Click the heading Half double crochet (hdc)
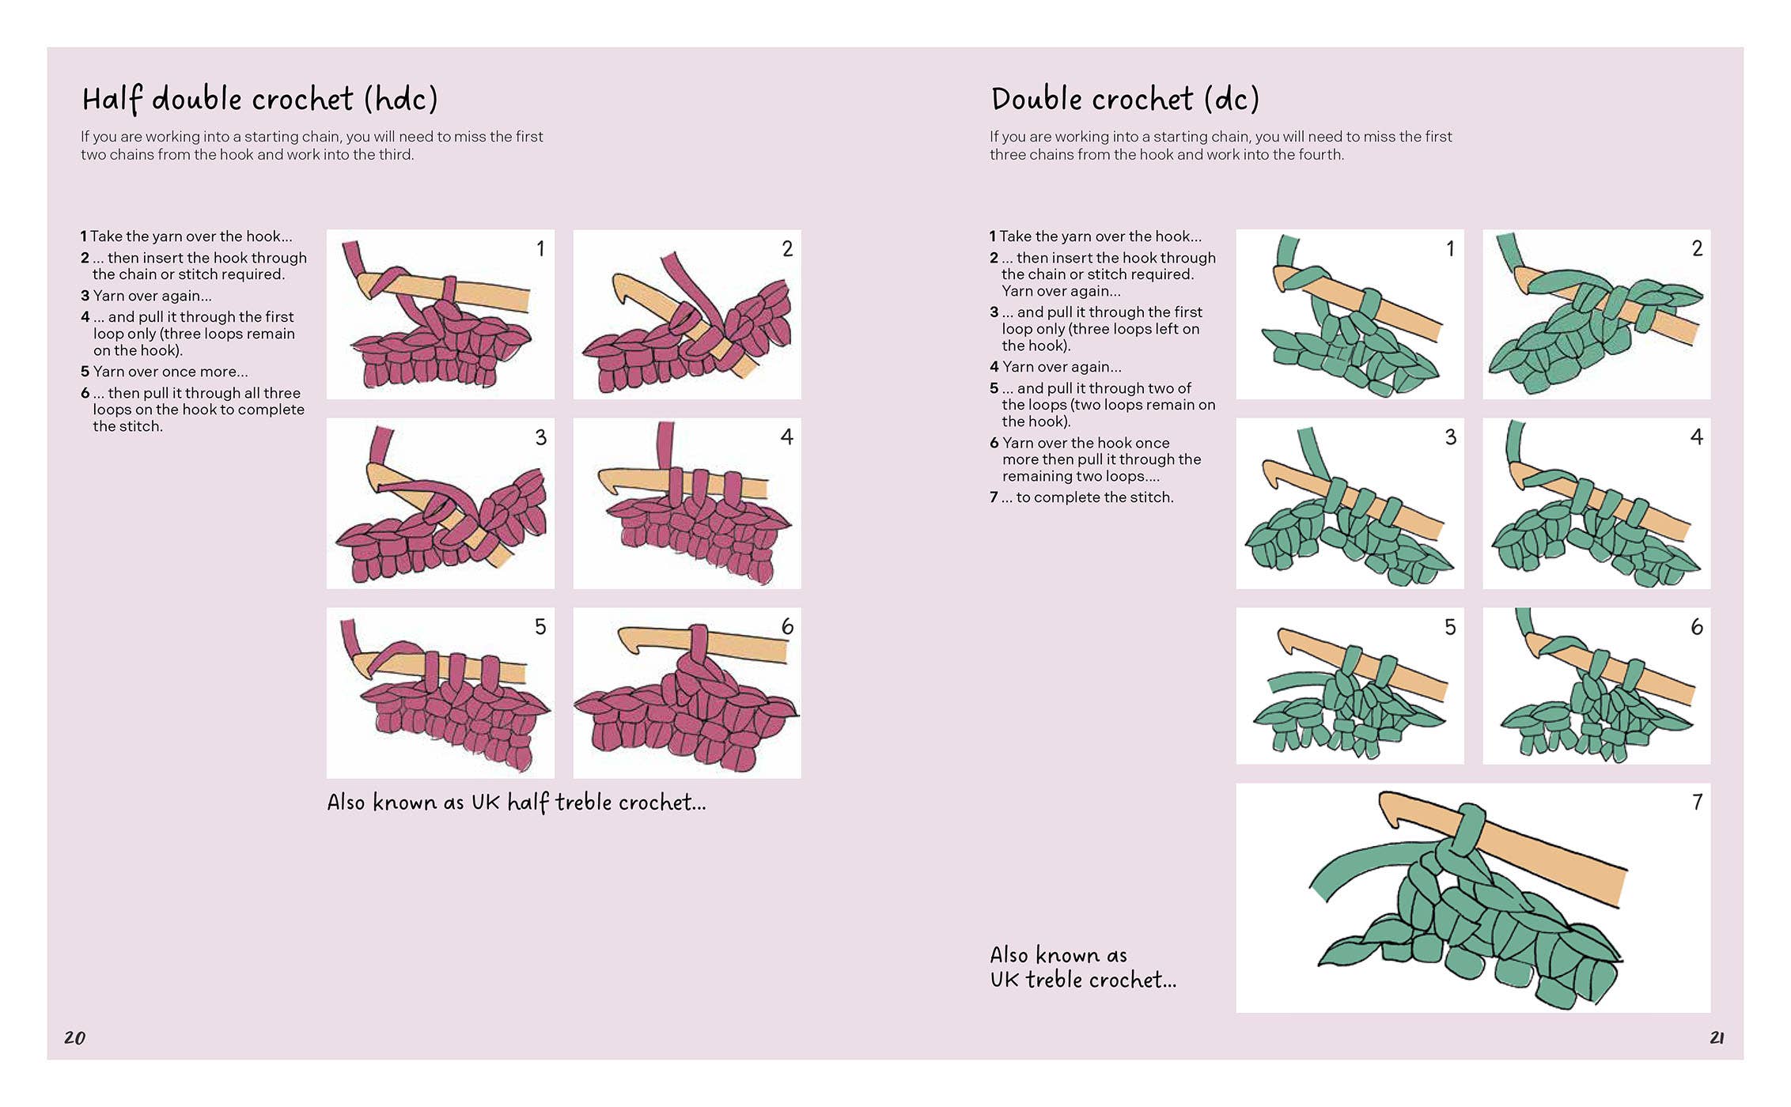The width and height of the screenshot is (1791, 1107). (x=259, y=100)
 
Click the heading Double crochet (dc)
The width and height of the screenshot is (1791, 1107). (x=1124, y=100)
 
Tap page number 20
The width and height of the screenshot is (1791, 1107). (x=74, y=1037)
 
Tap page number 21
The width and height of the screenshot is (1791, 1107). (x=1717, y=1037)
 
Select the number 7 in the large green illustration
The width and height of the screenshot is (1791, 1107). (x=1697, y=802)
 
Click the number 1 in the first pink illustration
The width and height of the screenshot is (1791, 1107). (x=540, y=248)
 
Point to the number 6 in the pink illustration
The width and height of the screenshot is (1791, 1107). (x=787, y=626)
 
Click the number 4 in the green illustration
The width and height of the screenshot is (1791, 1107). (x=1696, y=436)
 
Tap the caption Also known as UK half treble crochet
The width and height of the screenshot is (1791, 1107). (x=517, y=802)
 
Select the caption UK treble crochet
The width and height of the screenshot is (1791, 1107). (x=1083, y=980)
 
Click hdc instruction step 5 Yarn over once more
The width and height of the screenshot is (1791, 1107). (x=165, y=372)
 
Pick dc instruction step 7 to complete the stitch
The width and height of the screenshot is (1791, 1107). (x=1081, y=497)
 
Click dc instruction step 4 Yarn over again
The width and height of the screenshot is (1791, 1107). (x=1055, y=367)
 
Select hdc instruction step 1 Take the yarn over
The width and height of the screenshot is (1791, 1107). (x=186, y=236)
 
